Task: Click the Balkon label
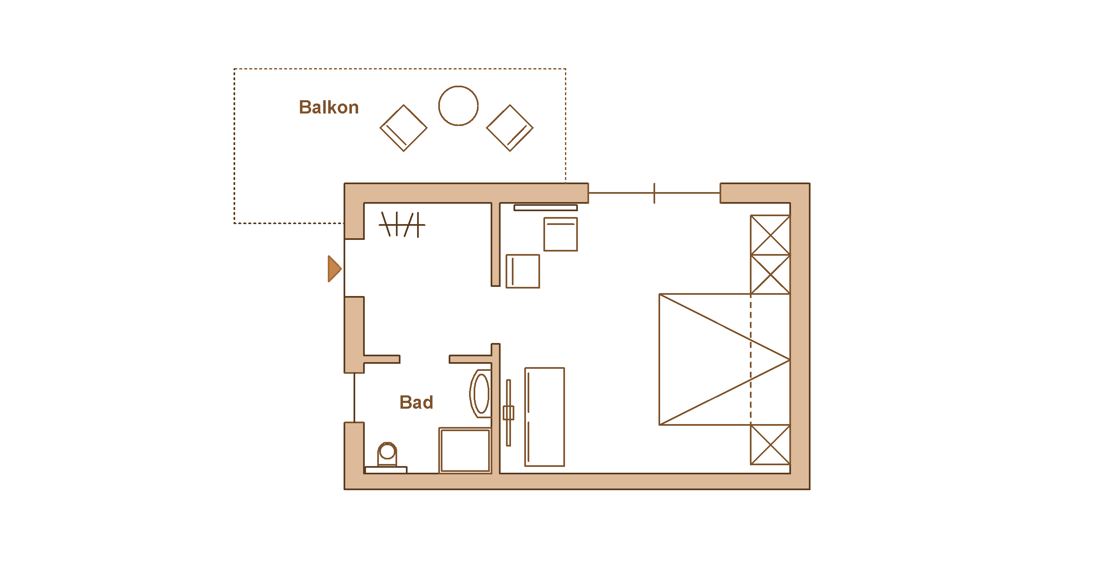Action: [x=329, y=107]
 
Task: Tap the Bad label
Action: [x=416, y=402]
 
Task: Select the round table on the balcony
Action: [x=458, y=106]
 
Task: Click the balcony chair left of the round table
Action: [x=403, y=128]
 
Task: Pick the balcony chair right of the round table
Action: [x=509, y=128]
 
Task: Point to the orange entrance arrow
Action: [x=334, y=269]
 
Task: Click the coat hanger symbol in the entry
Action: [x=402, y=224]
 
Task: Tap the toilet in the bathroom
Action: [x=387, y=455]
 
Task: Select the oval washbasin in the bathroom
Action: [x=481, y=393]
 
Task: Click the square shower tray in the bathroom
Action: [x=464, y=450]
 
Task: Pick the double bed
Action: [x=724, y=359]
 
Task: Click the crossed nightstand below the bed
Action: [x=769, y=444]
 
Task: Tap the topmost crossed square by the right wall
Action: [x=769, y=235]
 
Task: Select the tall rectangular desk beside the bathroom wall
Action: [x=544, y=417]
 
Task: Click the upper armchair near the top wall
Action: [x=560, y=234]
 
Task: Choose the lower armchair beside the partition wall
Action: [x=522, y=271]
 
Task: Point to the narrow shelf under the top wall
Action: [x=545, y=208]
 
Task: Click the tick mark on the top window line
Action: [x=654, y=193]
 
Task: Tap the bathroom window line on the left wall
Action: [x=354, y=398]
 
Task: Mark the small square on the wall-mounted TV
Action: [x=508, y=413]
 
